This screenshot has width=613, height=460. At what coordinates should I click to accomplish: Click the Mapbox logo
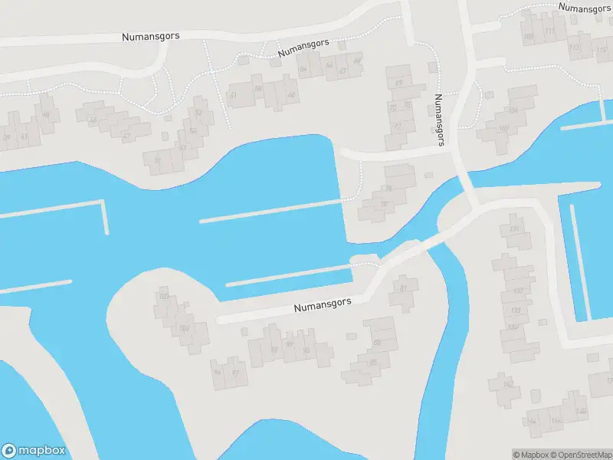coord(34,451)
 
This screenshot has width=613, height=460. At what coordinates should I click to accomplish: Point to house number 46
coord(46,116)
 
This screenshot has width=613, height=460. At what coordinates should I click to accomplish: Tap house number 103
coord(162,296)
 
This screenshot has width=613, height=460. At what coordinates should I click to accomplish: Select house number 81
coord(404,288)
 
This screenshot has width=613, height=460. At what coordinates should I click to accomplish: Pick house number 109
coord(528,36)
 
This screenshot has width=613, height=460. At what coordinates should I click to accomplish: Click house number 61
coord(234,95)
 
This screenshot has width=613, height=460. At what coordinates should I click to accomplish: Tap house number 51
coord(158,161)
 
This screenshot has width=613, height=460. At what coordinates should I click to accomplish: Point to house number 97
coord(235,373)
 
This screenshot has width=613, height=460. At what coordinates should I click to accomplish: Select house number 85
coord(373,363)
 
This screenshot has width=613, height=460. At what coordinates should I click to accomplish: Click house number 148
coord(580,412)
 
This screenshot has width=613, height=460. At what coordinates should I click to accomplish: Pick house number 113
coord(574,48)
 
